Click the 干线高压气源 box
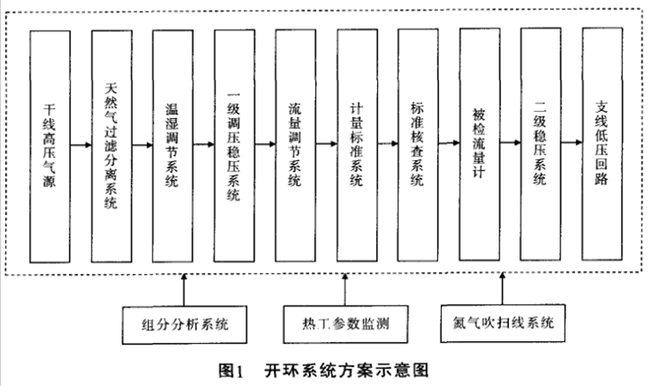point(50,146)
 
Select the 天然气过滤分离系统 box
point(112,146)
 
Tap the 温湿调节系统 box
point(172,146)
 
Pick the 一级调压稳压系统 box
point(234,146)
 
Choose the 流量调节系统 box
point(295,146)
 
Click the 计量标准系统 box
point(357,146)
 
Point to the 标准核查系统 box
point(418,145)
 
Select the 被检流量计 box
point(480,145)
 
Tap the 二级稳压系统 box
point(541,145)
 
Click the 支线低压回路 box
point(603,144)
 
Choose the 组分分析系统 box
point(185,325)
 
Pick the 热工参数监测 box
point(346,324)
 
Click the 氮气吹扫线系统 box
point(503,323)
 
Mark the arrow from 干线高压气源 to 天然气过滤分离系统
point(81,146)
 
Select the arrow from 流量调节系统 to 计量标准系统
point(326,144)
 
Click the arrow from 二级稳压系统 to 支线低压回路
point(572,143)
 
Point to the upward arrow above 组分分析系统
point(184,289)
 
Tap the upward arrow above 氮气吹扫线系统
point(503,289)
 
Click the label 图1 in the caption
point(232,370)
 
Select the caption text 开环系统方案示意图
point(347,370)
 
